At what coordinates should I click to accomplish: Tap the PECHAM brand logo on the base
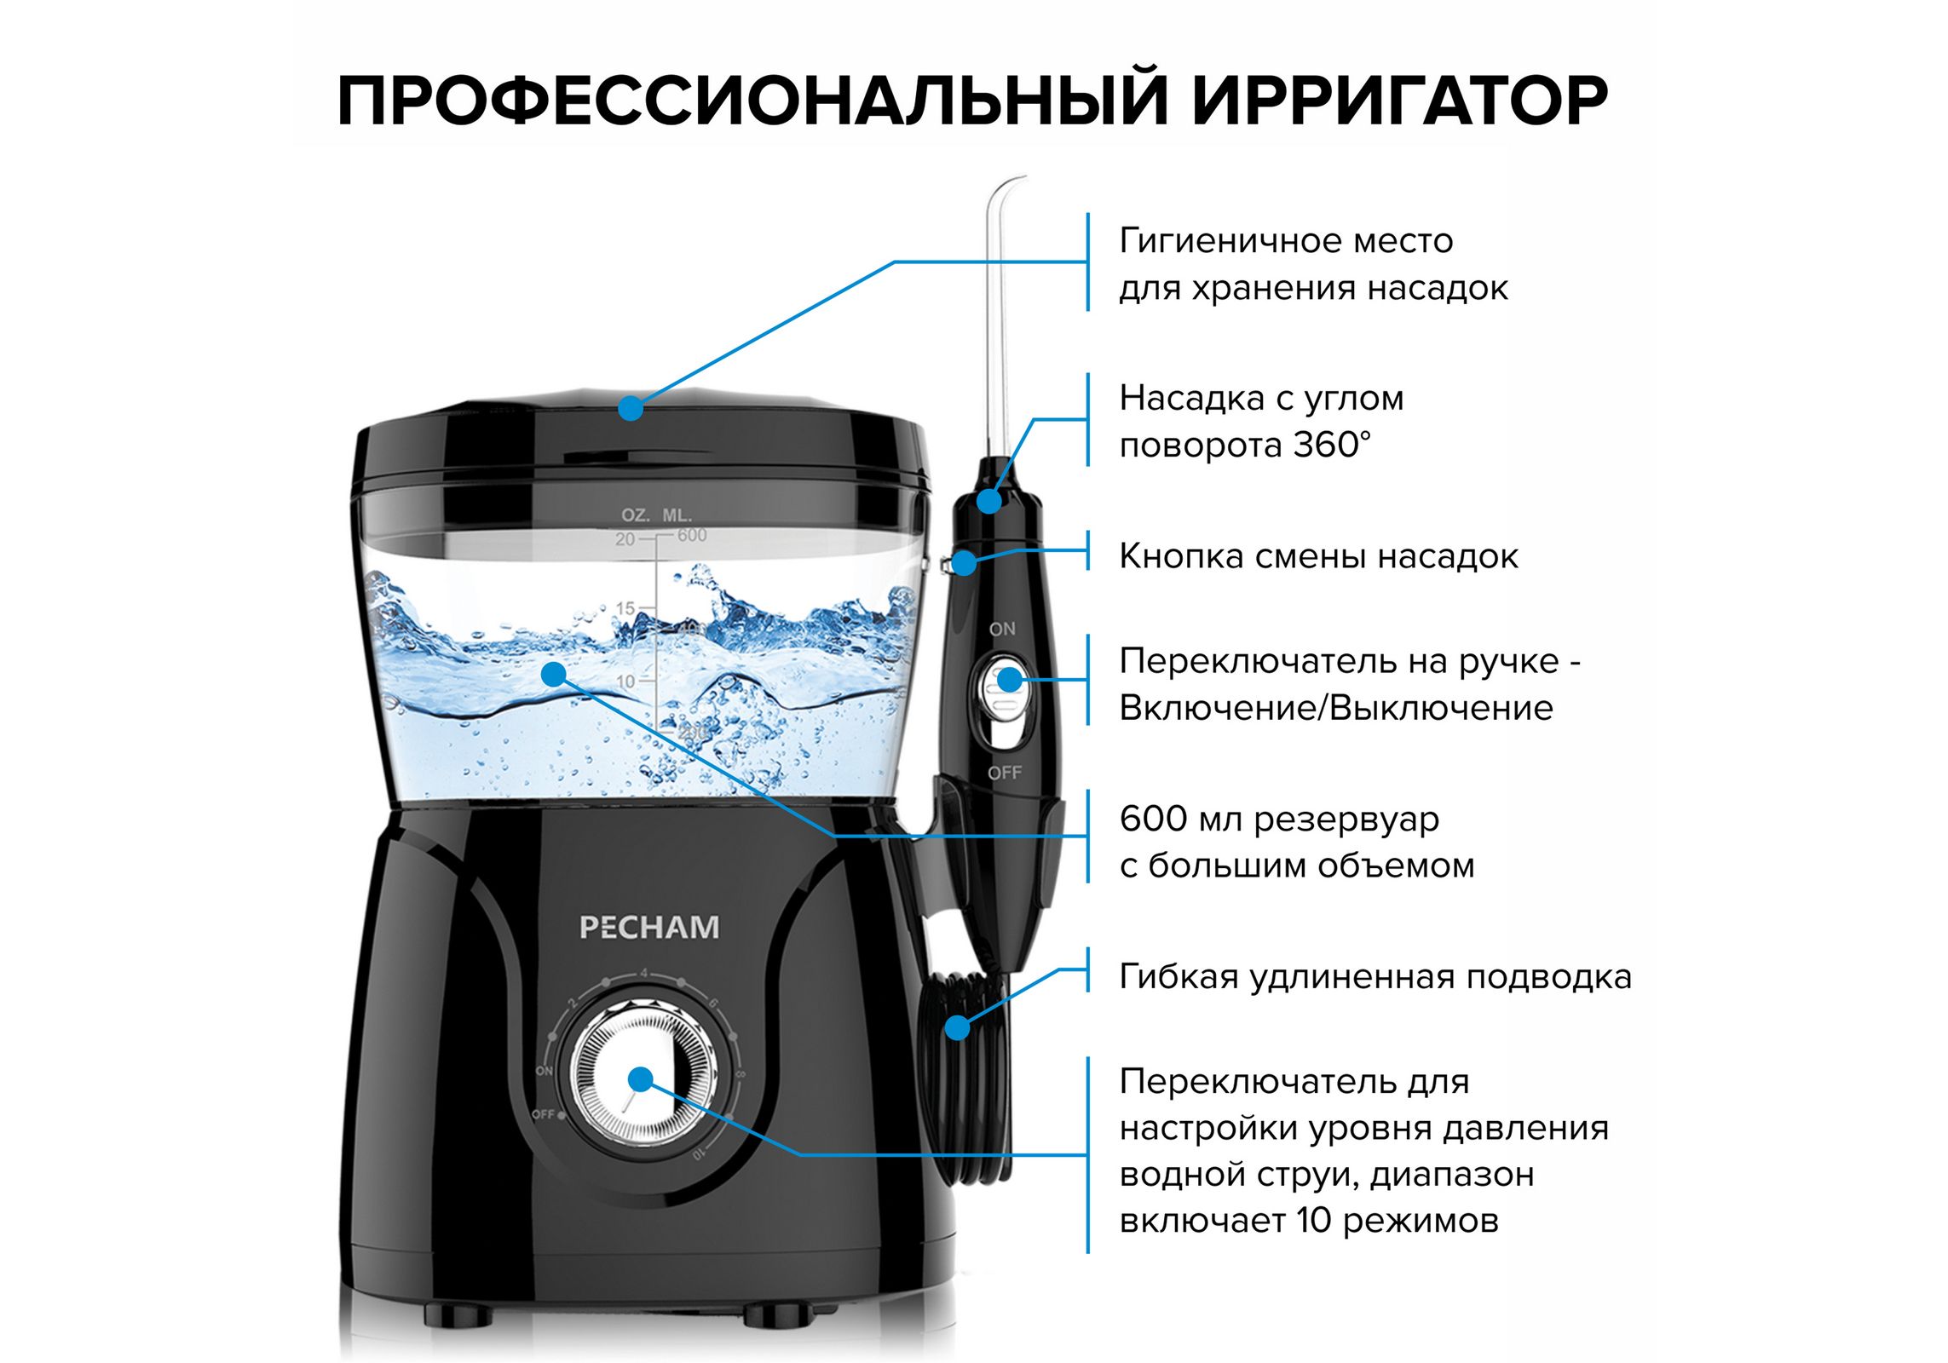click(x=649, y=927)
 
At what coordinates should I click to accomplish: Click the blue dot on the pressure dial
click(x=640, y=1080)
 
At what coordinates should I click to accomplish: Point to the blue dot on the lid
click(x=630, y=408)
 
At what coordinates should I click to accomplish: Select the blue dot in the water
click(x=554, y=674)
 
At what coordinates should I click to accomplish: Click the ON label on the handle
click(x=1002, y=629)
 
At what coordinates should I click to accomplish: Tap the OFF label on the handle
click(x=1004, y=773)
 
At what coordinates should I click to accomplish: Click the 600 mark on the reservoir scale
click(x=691, y=535)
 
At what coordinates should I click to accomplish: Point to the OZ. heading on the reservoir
click(x=635, y=515)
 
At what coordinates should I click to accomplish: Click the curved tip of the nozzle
click(x=1010, y=181)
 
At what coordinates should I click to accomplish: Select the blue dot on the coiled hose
click(x=958, y=1028)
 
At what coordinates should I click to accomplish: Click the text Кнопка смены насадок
click(x=1317, y=556)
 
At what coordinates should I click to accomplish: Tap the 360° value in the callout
click(x=1333, y=445)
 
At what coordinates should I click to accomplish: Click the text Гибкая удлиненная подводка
click(x=1375, y=976)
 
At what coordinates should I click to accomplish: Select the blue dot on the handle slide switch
click(x=1009, y=680)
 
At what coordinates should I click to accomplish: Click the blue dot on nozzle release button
click(x=965, y=562)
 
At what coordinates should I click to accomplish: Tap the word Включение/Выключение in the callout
click(x=1335, y=708)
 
